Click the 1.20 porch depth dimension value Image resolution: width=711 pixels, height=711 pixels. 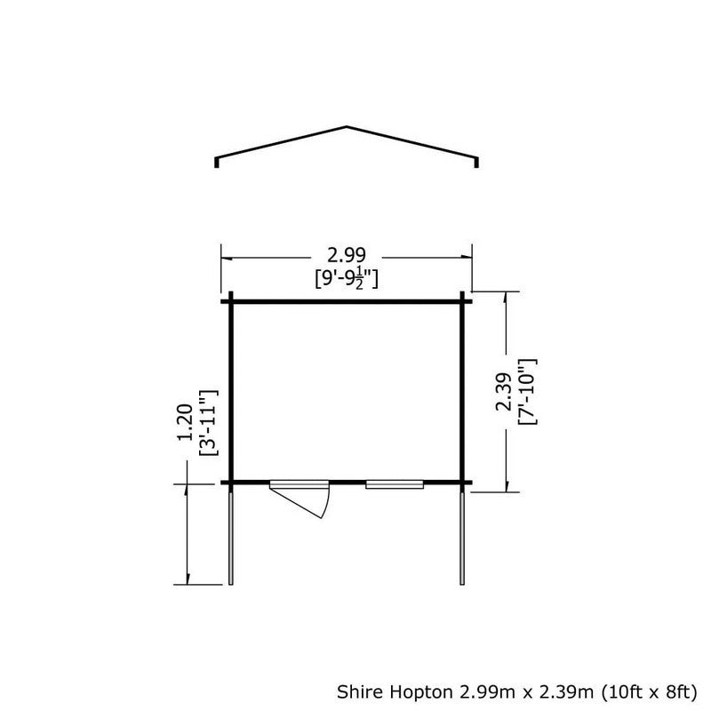[x=186, y=424]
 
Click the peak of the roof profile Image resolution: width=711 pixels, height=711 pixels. [x=348, y=127]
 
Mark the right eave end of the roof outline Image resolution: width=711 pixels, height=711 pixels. [x=477, y=163]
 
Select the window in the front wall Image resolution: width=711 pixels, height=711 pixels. [x=394, y=484]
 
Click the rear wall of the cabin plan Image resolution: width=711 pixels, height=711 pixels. [x=347, y=300]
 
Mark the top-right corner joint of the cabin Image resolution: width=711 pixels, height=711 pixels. [x=463, y=300]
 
